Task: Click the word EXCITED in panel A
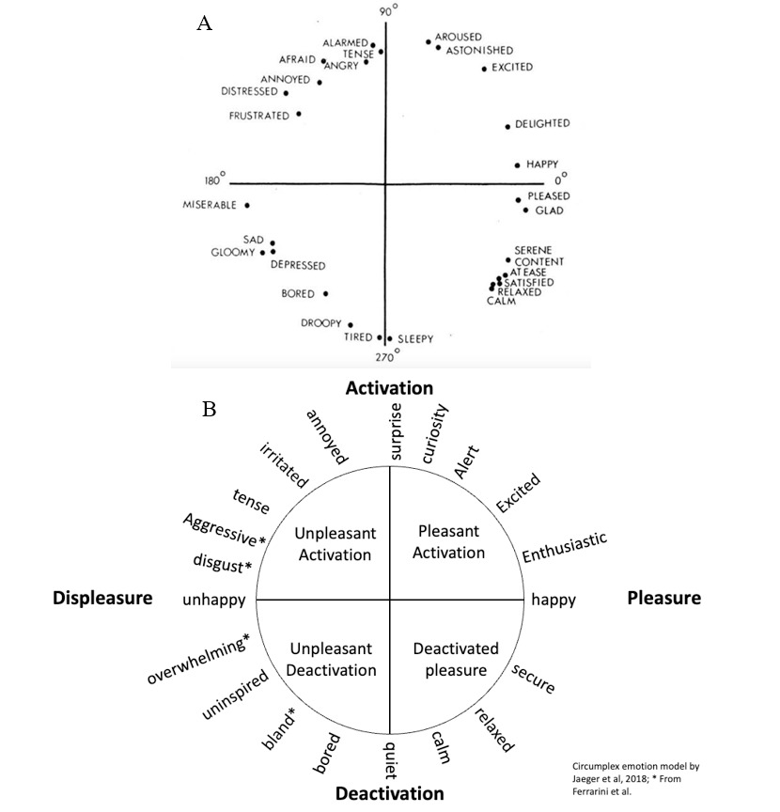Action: tap(512, 68)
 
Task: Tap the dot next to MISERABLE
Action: tap(247, 205)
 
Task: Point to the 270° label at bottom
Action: tap(386, 357)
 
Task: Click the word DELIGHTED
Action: tap(542, 124)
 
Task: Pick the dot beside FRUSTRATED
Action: tap(299, 114)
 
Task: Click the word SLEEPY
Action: tap(415, 339)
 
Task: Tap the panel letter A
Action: tap(204, 24)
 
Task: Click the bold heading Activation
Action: tap(389, 387)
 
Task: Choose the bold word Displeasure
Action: tap(102, 598)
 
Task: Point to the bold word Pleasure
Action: tap(663, 598)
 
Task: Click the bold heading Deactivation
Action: tap(389, 792)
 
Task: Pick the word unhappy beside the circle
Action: tap(215, 600)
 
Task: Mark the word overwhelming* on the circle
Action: tap(198, 661)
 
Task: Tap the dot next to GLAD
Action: tap(526, 211)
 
